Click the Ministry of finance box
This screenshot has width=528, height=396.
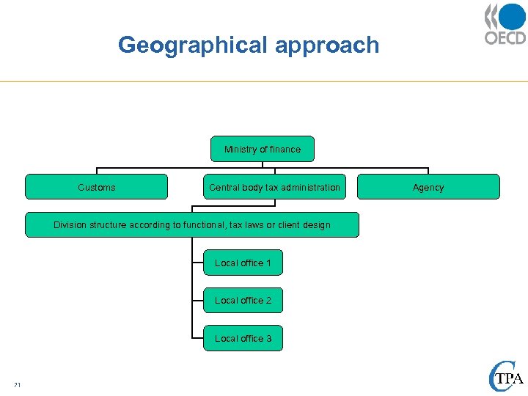pos(262,149)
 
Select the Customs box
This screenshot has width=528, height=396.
pos(96,187)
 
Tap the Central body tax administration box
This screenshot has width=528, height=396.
pos(274,187)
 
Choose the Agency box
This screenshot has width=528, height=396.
pos(428,187)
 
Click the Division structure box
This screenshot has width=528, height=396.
pos(192,225)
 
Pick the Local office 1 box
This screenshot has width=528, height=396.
pos(243,263)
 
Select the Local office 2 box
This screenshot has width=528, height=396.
pos(243,301)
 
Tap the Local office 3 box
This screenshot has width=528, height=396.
pos(243,339)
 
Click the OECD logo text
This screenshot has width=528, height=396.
pos(505,37)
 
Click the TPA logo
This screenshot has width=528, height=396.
pos(505,378)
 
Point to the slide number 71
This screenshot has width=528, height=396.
pos(17,385)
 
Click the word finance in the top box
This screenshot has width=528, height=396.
pos(285,149)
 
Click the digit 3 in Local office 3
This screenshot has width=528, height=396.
pos(268,339)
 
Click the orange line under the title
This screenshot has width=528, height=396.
pos(264,81)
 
